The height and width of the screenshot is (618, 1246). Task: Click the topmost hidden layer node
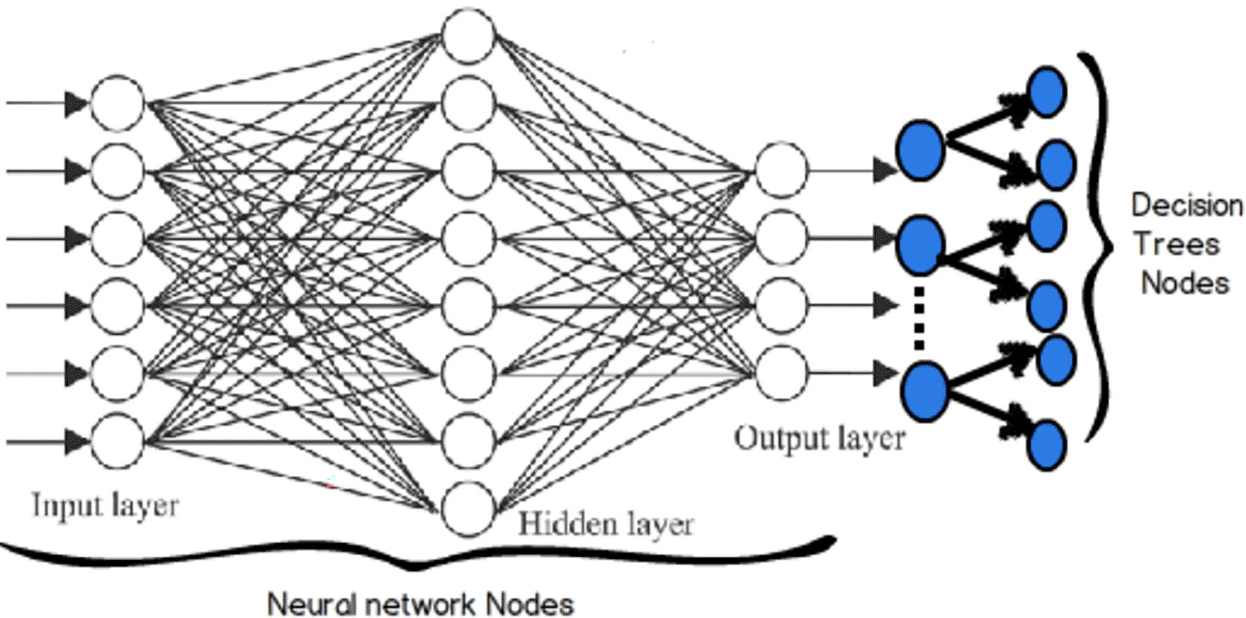[x=468, y=35]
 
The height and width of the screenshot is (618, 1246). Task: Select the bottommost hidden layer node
[x=468, y=509]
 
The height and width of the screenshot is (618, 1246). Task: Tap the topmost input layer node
[x=117, y=103]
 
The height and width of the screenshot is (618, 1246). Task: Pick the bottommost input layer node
[x=117, y=441]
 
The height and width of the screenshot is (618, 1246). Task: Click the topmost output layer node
[x=781, y=171]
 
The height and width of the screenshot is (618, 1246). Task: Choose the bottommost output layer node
[x=781, y=373]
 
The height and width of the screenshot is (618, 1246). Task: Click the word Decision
[x=1186, y=206]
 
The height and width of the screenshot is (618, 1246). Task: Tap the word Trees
[x=1176, y=244]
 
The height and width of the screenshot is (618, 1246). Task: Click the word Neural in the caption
[x=312, y=604]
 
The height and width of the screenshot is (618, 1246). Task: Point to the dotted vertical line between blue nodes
[x=919, y=317]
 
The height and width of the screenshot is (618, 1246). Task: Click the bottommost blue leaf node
[x=1047, y=445]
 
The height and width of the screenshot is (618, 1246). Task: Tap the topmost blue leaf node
[x=1047, y=92]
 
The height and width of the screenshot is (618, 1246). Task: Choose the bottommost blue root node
[x=924, y=391]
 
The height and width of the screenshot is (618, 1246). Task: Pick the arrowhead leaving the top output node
[x=885, y=171]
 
